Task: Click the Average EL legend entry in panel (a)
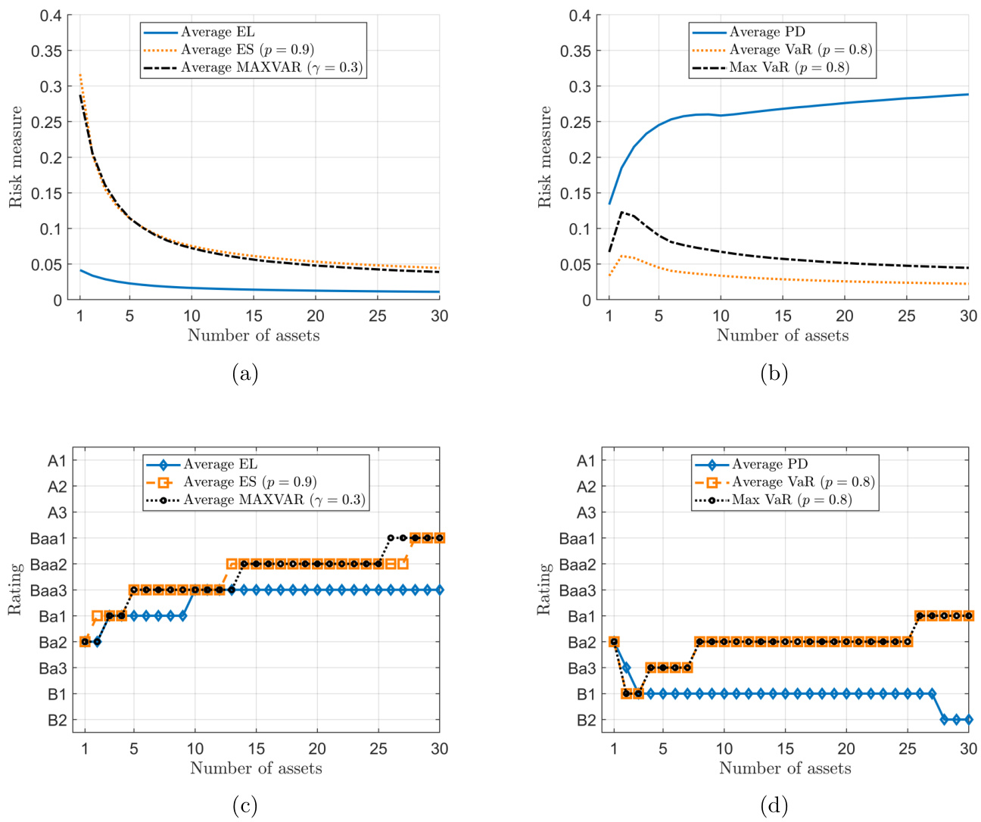[218, 32]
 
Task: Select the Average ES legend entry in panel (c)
[250, 482]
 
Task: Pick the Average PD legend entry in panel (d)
[770, 464]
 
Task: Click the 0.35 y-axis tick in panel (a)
[46, 51]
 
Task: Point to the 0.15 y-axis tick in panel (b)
[575, 193]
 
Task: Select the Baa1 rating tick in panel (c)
[48, 538]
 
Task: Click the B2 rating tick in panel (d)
[586, 720]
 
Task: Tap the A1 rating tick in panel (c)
[57, 461]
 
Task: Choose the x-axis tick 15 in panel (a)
[254, 316]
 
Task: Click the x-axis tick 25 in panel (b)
[906, 316]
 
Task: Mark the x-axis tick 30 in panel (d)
[968, 749]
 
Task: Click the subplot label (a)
[245, 373]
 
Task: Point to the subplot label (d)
[774, 805]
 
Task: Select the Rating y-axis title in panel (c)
[15, 589]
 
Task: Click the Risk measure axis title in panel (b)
[544, 157]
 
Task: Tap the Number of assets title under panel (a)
[254, 335]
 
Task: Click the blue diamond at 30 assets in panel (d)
[968, 720]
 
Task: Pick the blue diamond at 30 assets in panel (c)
[439, 590]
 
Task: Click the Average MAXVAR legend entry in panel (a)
[272, 67]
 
